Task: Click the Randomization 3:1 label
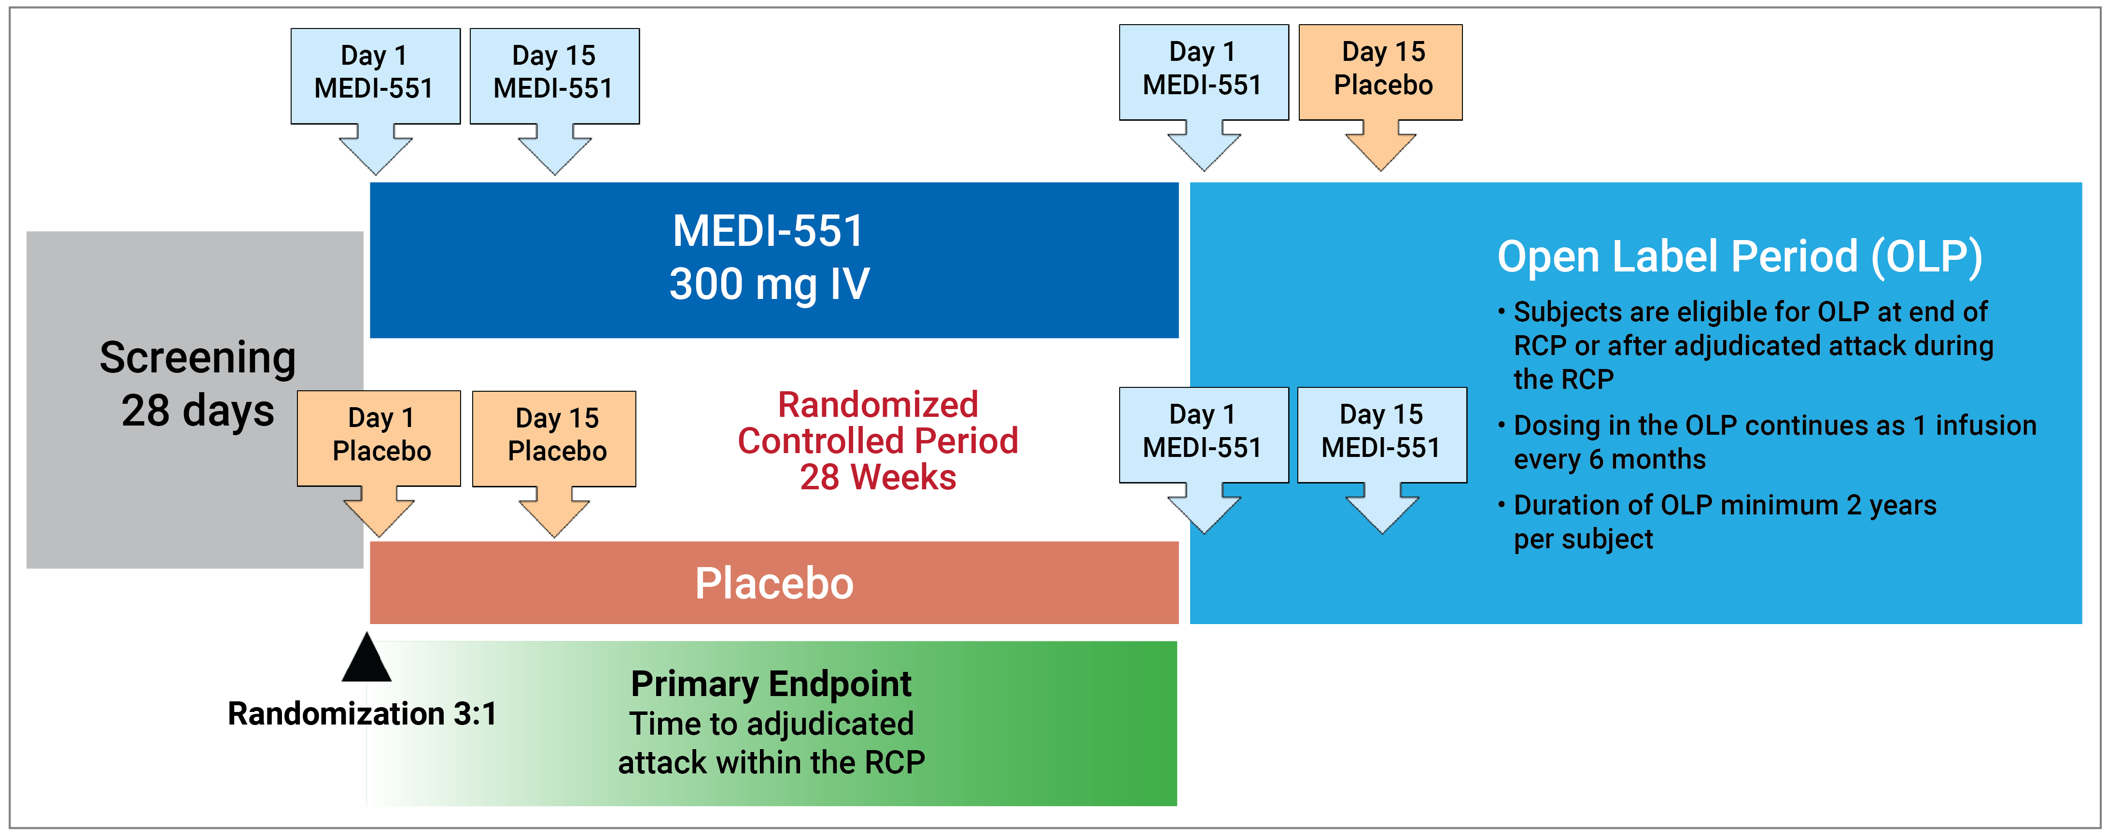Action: [x=362, y=714]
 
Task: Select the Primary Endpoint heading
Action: [x=771, y=684]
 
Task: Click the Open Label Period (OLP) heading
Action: [x=1739, y=257]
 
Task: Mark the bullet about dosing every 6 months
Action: [x=1767, y=442]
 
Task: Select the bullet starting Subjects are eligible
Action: [x=1750, y=345]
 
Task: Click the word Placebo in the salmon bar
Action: [x=774, y=583]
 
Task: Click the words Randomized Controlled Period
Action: [x=878, y=423]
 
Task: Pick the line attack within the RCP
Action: [x=771, y=763]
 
